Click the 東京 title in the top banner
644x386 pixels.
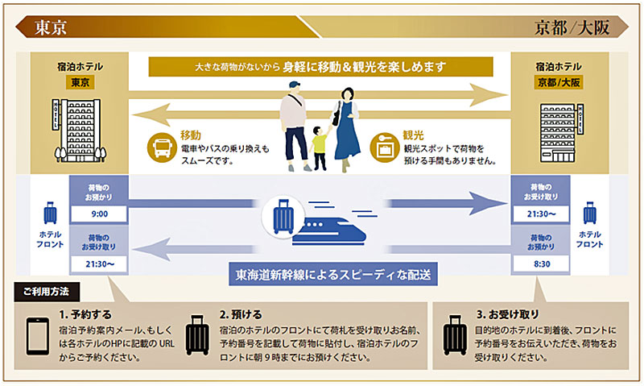pos(51,27)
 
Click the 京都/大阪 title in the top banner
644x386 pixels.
pos(572,27)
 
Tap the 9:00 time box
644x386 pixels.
pos(99,214)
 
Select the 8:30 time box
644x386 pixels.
pos(541,264)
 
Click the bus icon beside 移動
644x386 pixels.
pos(162,147)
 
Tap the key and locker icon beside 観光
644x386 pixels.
pos(385,147)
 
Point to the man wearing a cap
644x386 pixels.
pos(295,127)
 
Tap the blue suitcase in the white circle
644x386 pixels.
pos(283,217)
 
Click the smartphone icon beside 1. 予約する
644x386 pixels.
pos(38,336)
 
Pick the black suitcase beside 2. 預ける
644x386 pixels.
pos(197,335)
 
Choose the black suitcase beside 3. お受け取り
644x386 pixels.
pos(455,335)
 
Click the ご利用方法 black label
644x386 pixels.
pos(47,292)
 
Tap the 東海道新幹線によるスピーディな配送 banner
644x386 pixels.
pos(333,274)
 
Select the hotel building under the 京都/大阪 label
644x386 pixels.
pos(561,132)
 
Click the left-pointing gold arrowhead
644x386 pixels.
pos(151,114)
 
